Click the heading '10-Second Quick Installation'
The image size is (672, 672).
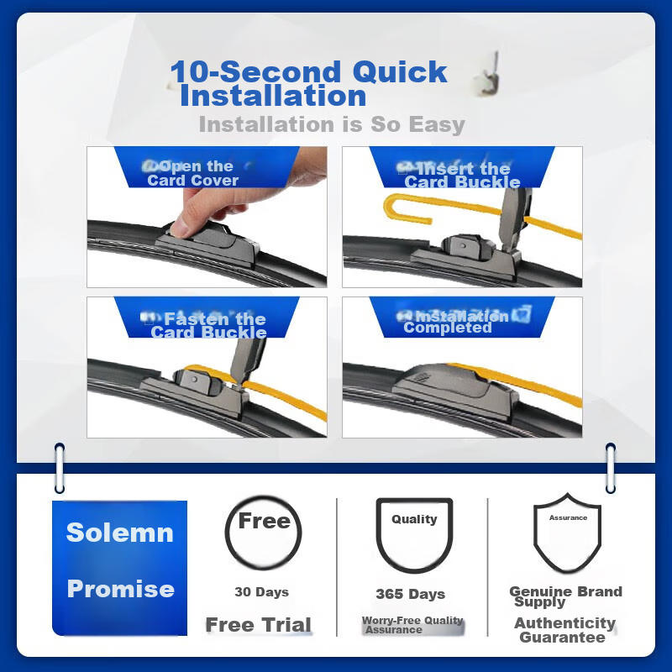308,83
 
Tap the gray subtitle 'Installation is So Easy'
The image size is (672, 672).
332,125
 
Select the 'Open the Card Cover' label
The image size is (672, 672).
193,173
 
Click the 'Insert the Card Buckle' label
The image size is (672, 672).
461,176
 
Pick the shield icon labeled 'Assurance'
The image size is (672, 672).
568,532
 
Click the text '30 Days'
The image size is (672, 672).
261,592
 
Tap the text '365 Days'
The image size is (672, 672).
410,594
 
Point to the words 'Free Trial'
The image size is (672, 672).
259,625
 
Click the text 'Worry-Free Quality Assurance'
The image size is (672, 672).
412,625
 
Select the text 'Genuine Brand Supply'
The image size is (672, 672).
564,596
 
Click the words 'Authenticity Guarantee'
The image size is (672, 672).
564,630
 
